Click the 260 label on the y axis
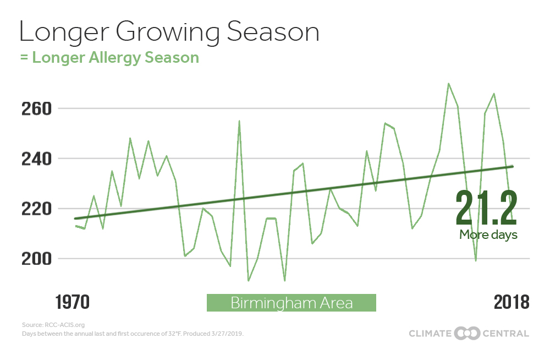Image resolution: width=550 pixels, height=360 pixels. click(x=36, y=108)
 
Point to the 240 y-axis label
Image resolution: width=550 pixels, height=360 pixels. click(x=36, y=159)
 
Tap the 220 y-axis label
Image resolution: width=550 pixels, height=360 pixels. click(x=36, y=209)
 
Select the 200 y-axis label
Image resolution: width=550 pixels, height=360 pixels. click(x=36, y=259)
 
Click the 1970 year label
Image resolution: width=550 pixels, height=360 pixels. click(x=73, y=302)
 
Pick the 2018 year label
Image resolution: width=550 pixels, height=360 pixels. click(x=512, y=302)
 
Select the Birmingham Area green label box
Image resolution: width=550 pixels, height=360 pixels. click(x=291, y=303)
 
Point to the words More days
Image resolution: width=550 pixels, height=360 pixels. click(x=488, y=234)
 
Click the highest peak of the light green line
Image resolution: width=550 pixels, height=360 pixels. click(x=448, y=83)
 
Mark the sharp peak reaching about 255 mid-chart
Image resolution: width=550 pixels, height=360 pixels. click(x=239, y=121)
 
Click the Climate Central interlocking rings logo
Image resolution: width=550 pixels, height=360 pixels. click(x=467, y=334)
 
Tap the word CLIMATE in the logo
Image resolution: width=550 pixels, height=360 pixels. click(x=430, y=334)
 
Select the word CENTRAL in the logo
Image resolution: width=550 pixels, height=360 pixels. click(x=506, y=334)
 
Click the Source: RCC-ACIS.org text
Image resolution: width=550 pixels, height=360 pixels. click(x=53, y=325)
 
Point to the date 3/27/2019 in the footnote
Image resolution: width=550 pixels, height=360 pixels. click(x=227, y=334)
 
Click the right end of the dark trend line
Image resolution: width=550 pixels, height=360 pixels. click(x=513, y=166)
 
